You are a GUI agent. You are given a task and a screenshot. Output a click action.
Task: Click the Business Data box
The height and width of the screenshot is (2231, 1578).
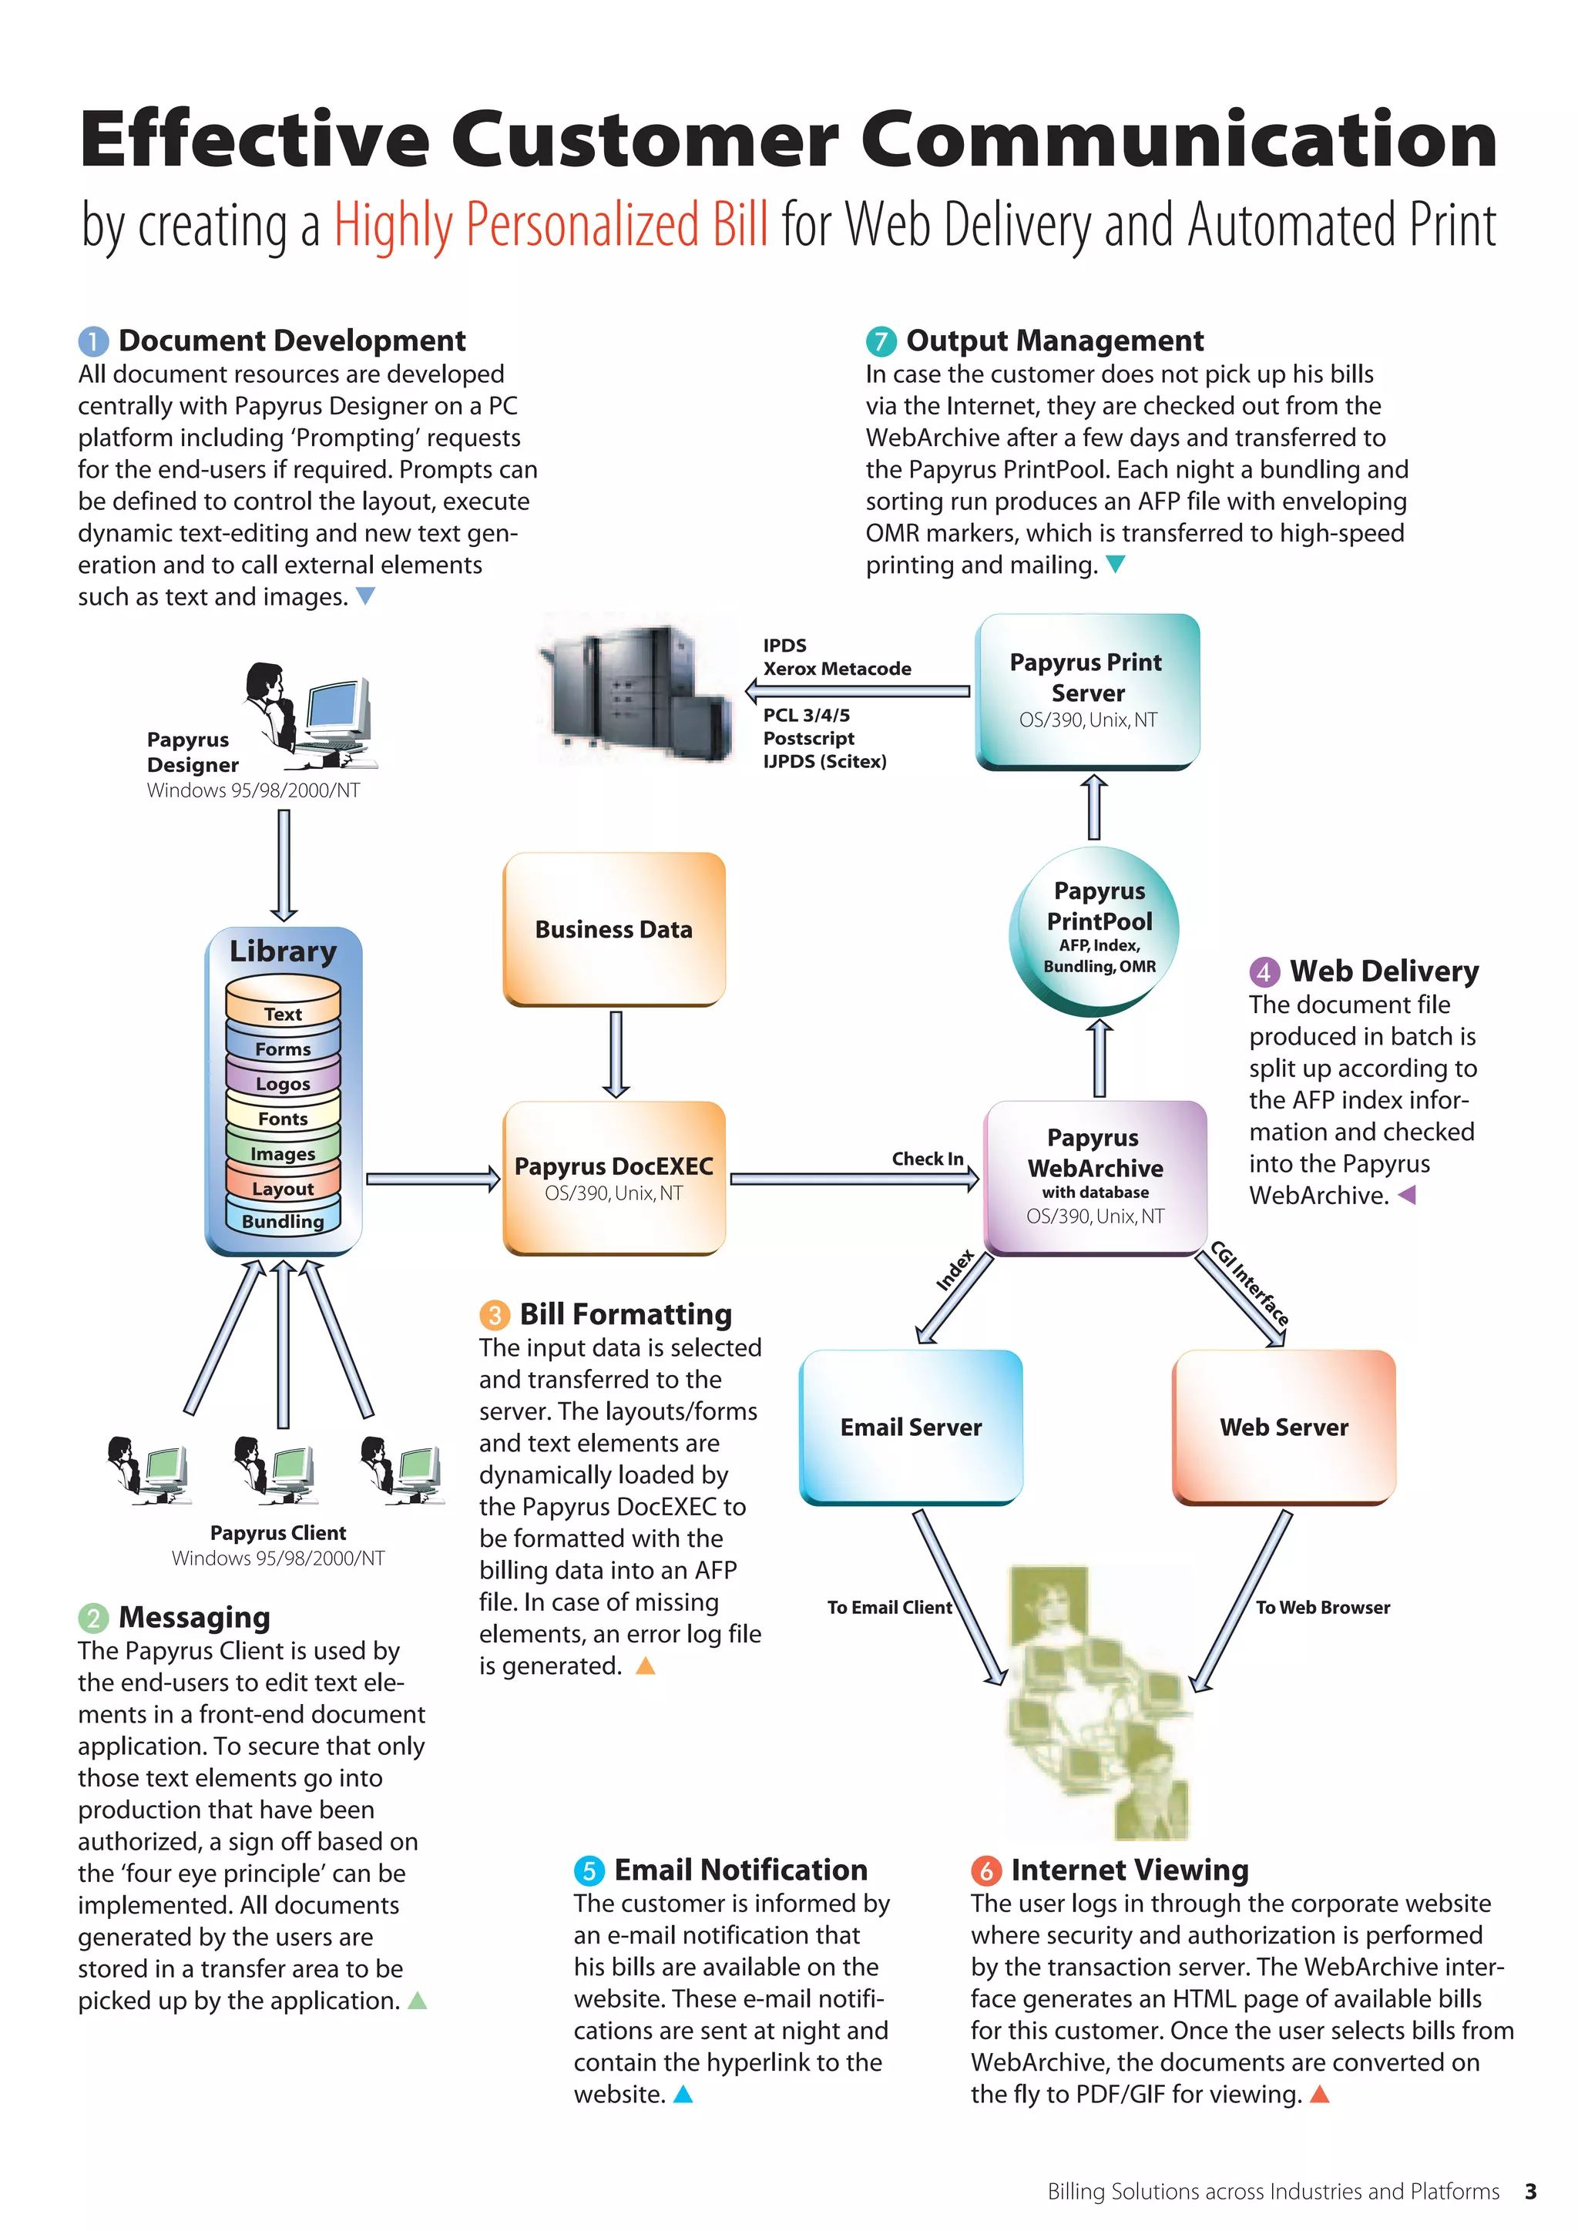614,929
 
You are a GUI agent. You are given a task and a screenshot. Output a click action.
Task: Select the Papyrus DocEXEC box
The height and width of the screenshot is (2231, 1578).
614,1178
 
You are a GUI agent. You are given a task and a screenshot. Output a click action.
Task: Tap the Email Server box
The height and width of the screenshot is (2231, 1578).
911,1427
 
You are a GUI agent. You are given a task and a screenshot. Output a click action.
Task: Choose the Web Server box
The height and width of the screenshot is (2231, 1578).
1284,1427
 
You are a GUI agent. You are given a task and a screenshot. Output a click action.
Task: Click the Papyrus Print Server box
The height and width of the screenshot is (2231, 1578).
1087,690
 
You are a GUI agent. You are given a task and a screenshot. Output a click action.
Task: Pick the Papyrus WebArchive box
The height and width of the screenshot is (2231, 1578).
1095,1176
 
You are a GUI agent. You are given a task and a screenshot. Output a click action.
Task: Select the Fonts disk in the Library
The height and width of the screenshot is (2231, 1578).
283,1118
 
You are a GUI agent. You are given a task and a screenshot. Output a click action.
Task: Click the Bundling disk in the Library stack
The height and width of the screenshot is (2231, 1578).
283,1220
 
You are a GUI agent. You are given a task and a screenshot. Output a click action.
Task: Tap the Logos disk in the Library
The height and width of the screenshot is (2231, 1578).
283,1082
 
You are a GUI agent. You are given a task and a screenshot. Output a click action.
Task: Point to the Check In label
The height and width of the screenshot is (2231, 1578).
927,1158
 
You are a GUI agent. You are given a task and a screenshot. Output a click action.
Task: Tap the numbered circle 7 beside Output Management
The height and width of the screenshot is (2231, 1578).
881,341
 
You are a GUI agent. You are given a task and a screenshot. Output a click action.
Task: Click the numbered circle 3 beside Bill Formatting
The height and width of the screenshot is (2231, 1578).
495,1315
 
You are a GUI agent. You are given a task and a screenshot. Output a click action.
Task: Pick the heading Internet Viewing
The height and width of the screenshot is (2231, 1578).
1129,1870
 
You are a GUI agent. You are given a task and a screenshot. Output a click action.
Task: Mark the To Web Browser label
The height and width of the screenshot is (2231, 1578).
1321,1607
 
